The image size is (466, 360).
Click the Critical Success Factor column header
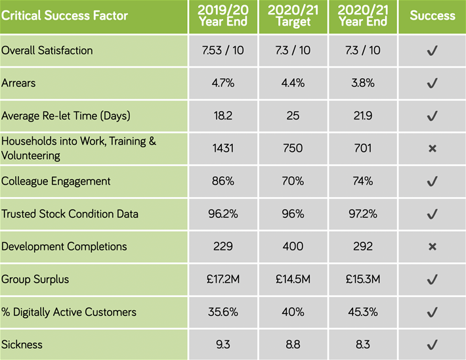64,15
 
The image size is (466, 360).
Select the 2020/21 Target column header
293,16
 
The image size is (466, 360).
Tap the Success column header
432,15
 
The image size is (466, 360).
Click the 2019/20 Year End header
222,16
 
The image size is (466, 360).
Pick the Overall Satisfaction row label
47,51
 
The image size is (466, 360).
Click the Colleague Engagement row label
56,181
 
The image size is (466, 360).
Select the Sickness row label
21,344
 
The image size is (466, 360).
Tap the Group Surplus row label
35,279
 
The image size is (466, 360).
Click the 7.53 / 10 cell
222,51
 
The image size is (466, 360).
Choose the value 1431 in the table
222,148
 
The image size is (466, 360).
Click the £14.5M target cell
293,279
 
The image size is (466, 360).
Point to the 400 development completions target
293,246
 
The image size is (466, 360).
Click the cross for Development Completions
432,247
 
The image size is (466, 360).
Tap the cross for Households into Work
432,149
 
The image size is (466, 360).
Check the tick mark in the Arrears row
432,83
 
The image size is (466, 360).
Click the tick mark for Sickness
432,344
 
